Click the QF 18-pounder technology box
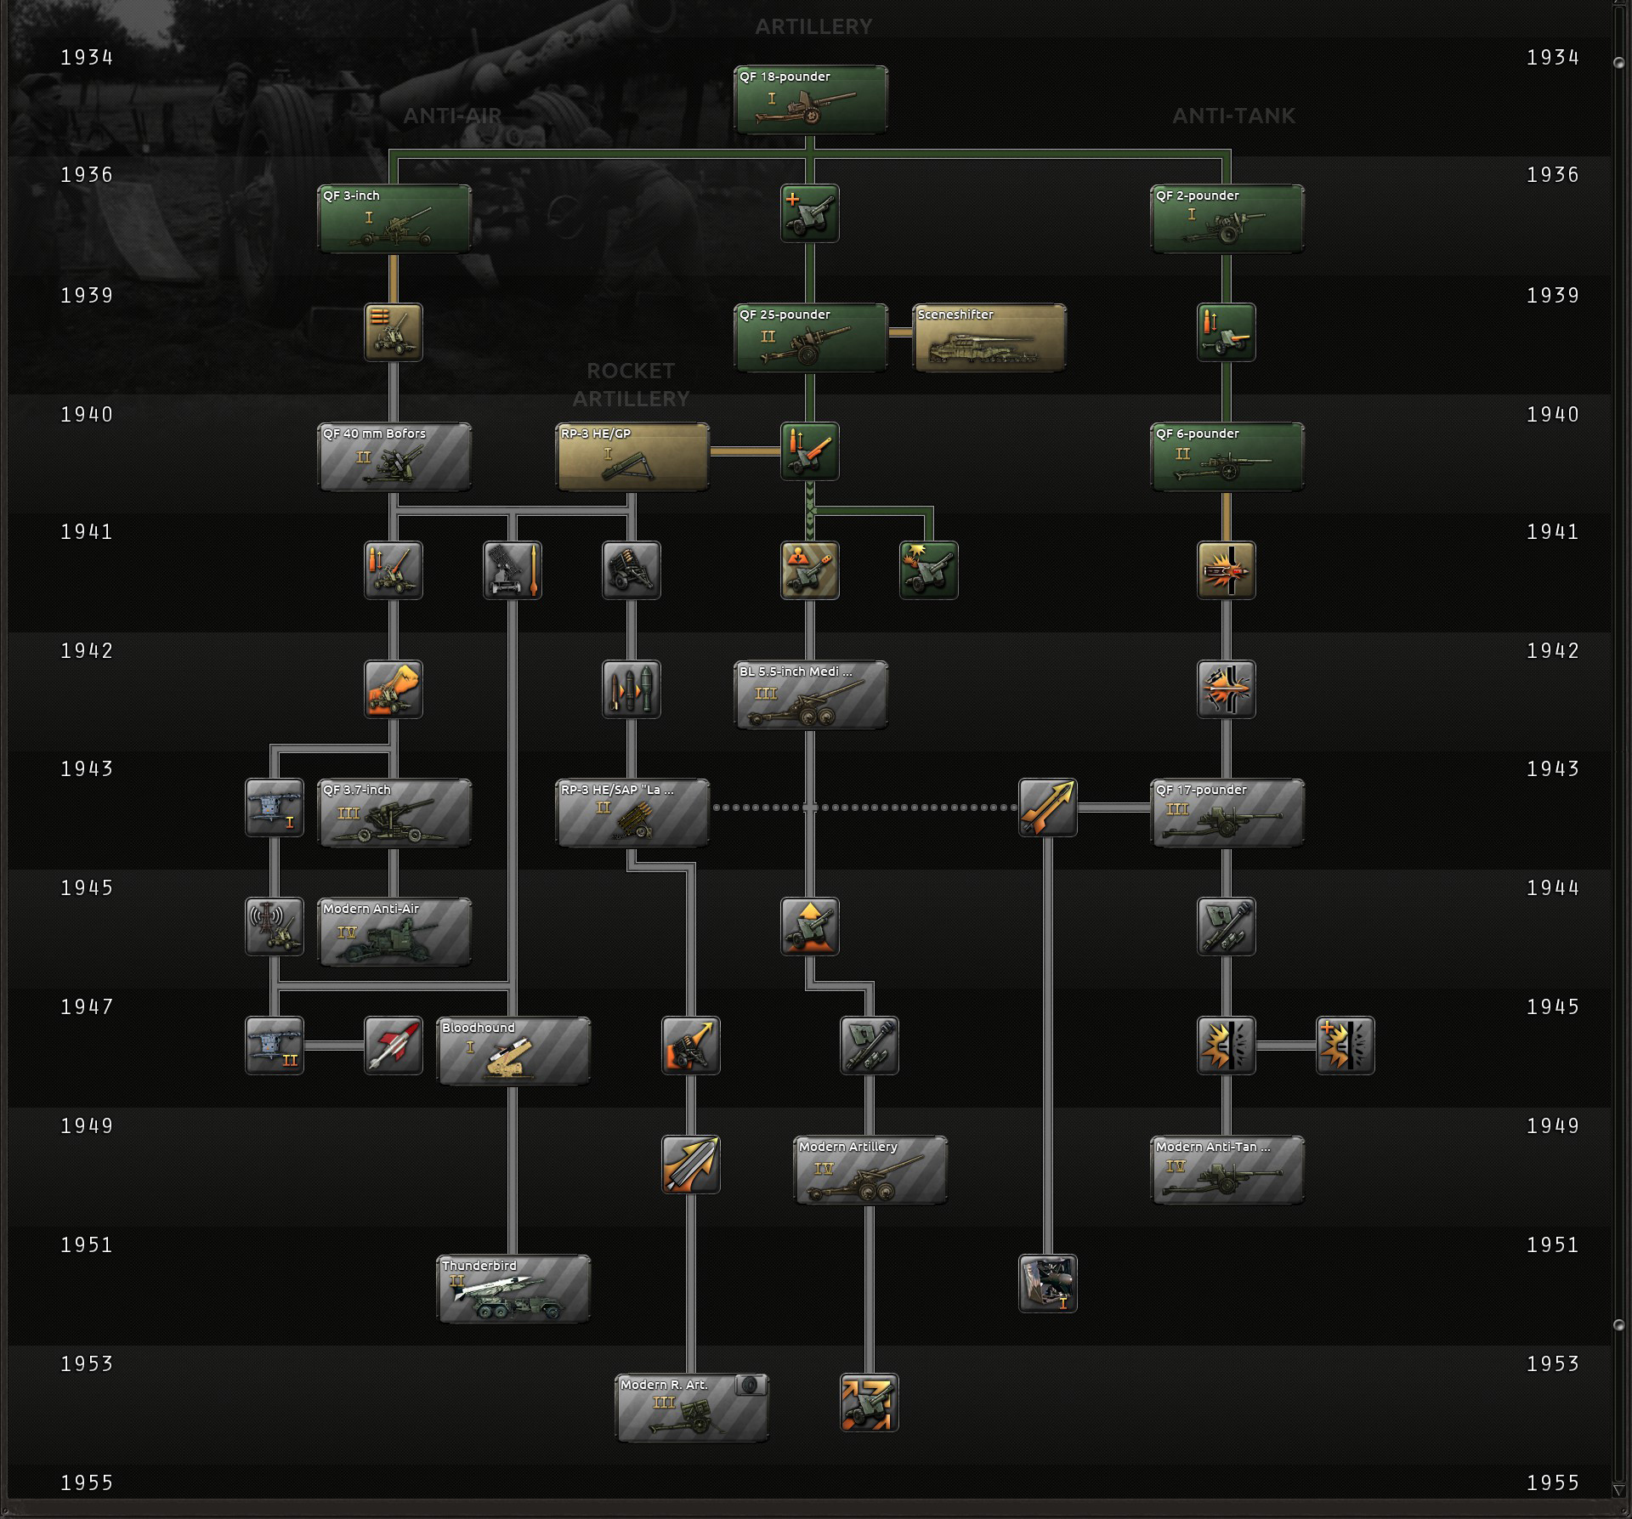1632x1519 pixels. click(810, 100)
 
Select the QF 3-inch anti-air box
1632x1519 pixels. click(394, 219)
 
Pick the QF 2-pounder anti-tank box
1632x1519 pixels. click(1227, 219)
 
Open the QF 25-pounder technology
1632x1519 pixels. click(810, 338)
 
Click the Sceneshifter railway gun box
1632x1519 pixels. click(989, 338)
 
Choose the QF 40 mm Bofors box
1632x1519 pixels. click(394, 457)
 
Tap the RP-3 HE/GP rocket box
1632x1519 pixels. click(632, 457)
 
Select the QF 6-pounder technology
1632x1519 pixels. click(1227, 457)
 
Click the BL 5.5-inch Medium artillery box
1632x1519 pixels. click(810, 695)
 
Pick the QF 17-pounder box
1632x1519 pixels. click(1227, 813)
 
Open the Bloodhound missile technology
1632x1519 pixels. click(513, 1051)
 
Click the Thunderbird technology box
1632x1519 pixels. click(513, 1289)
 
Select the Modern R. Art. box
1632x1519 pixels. click(691, 1408)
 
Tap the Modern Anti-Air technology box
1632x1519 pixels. click(394, 932)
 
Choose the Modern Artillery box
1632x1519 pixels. click(870, 1170)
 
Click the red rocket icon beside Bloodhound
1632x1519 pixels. click(394, 1046)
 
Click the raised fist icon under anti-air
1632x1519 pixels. click(394, 689)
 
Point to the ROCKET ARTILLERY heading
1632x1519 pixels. click(631, 384)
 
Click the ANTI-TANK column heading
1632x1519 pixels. click(1233, 116)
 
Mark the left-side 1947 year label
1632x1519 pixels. click(87, 1007)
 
